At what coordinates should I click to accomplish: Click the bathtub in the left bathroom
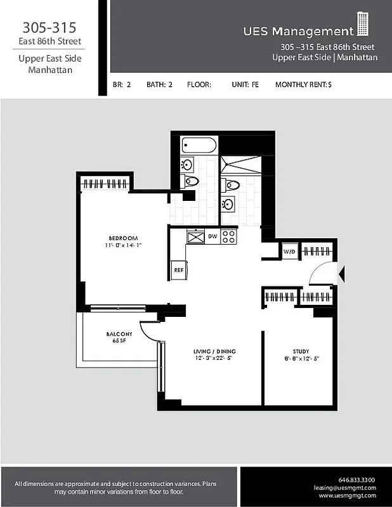tap(199, 145)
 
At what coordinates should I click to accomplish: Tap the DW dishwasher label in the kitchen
tap(212, 236)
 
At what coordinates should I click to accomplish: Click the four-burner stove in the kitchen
tap(229, 237)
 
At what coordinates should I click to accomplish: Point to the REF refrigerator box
tap(179, 269)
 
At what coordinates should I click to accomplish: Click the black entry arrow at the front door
tap(342, 274)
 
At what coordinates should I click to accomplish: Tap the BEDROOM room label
tap(122, 238)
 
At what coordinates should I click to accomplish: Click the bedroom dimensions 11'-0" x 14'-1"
tap(122, 245)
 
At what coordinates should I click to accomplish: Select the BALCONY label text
tap(119, 334)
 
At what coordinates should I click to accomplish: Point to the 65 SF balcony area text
tap(119, 341)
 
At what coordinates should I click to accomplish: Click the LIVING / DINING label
tap(214, 351)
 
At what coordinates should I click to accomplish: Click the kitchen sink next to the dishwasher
tap(195, 237)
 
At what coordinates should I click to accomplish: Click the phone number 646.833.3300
tap(357, 479)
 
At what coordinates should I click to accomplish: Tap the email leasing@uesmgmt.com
tap(344, 487)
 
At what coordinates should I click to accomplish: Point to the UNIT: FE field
tap(245, 84)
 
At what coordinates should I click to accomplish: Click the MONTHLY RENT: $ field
tap(303, 84)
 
